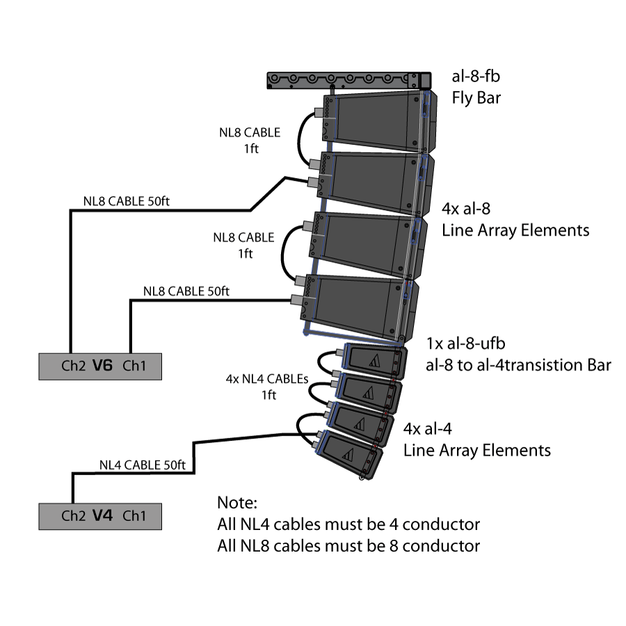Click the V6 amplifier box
[100, 365]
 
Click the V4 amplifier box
[100, 516]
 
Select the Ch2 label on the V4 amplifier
[73, 516]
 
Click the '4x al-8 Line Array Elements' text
[515, 218]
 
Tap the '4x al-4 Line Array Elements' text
[477, 439]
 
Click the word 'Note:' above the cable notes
[237, 502]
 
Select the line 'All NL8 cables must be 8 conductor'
[348, 546]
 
